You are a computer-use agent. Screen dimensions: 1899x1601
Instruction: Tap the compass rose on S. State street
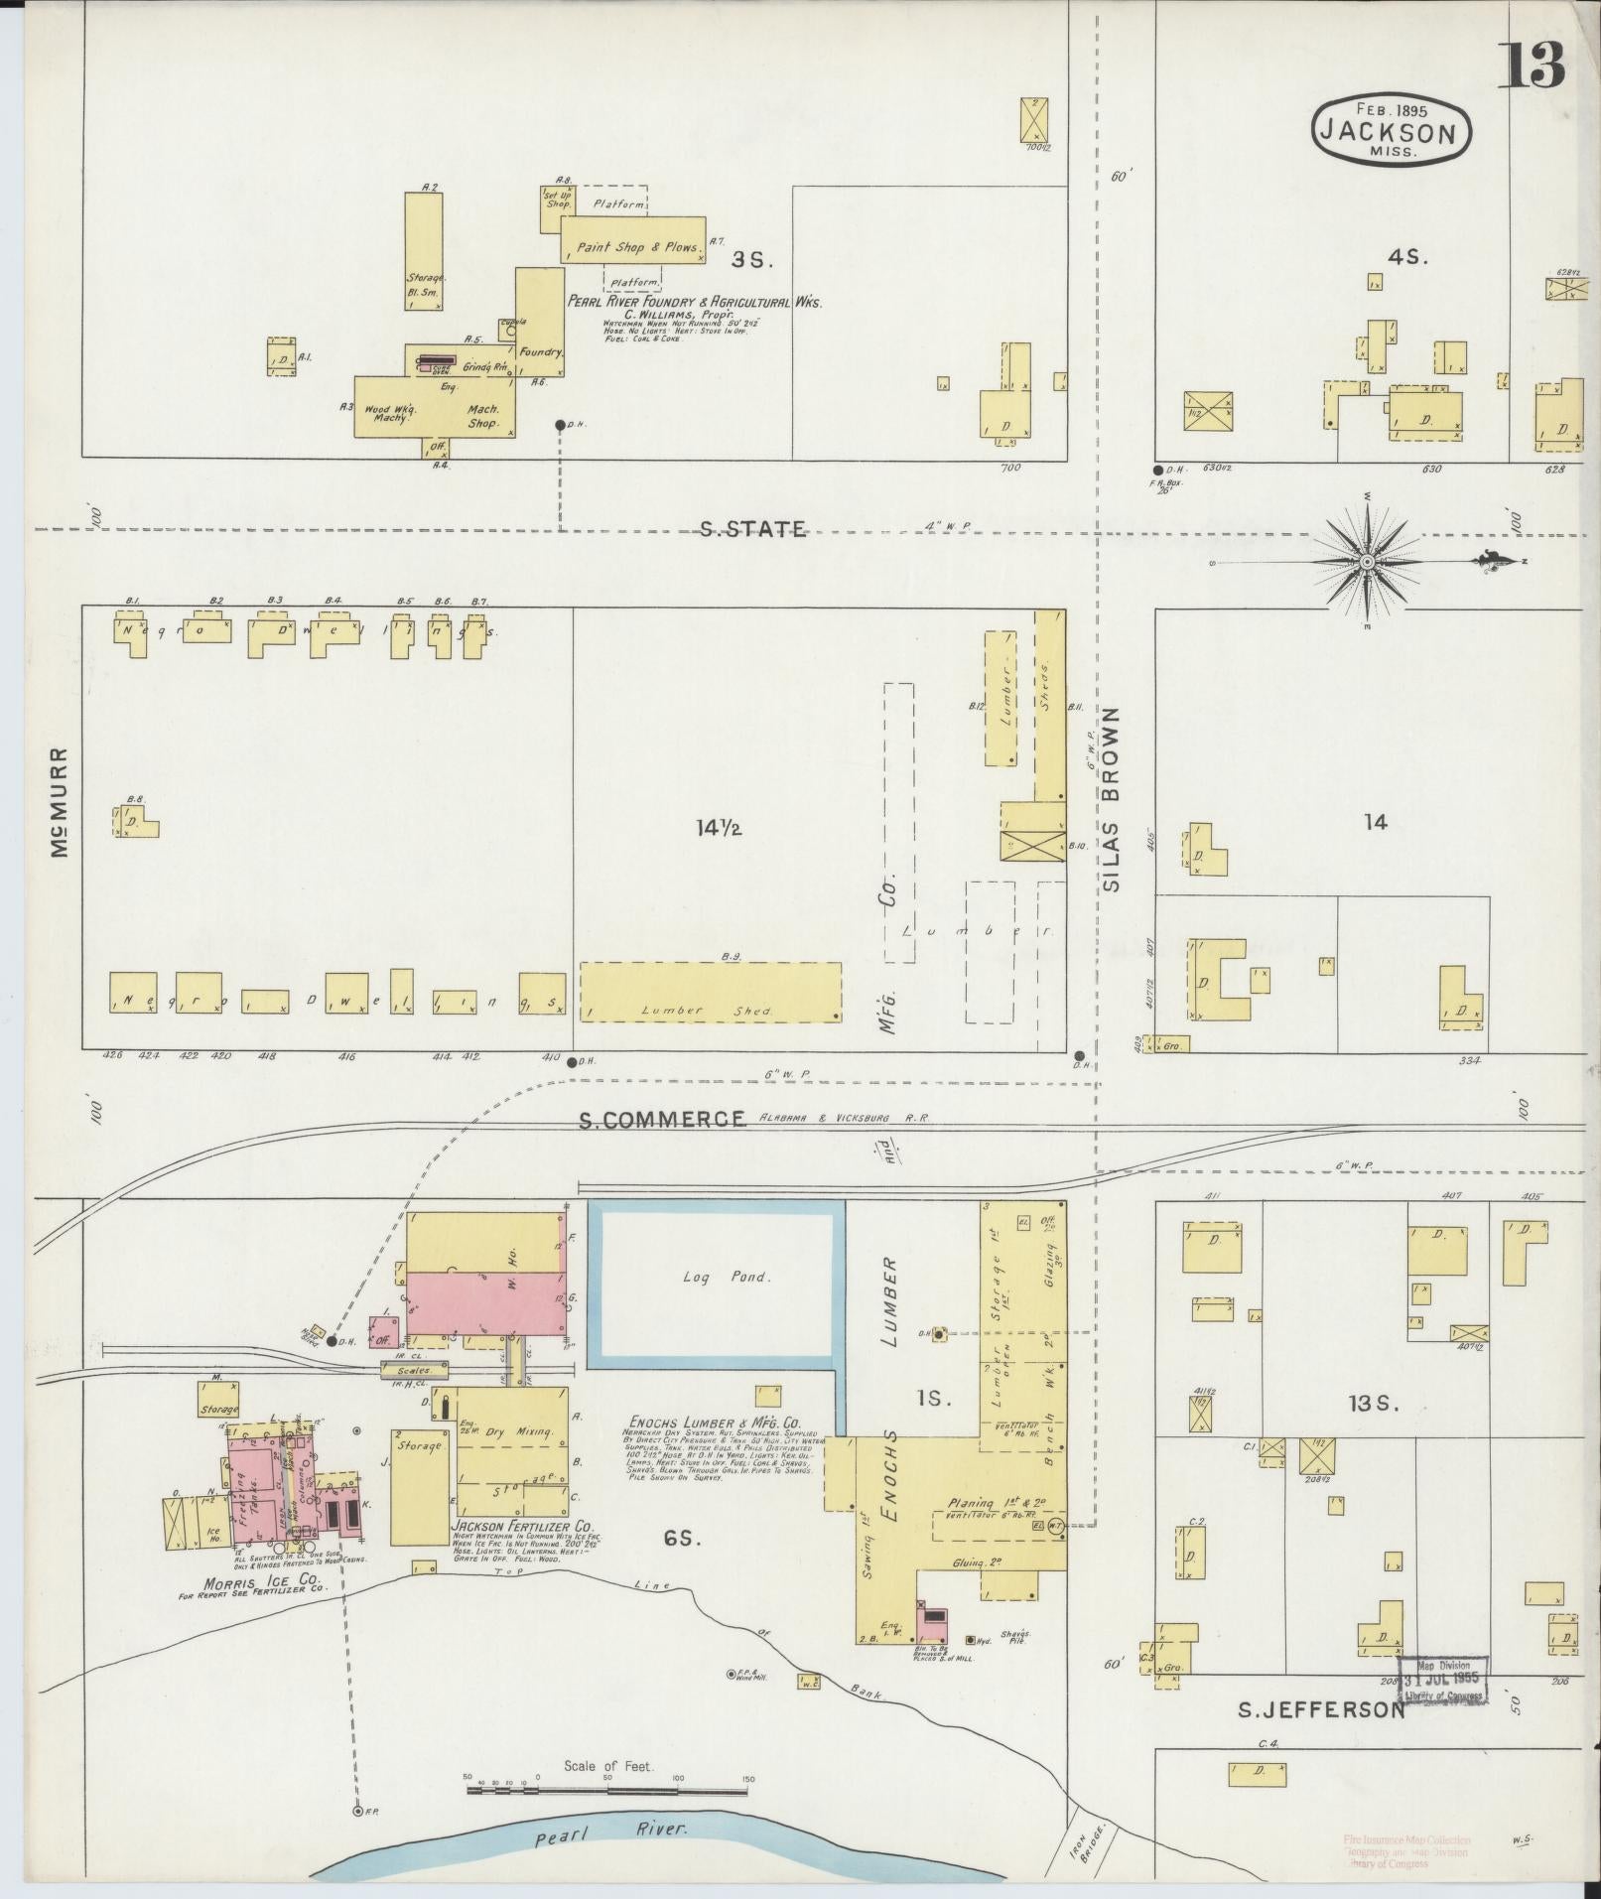coord(1367,562)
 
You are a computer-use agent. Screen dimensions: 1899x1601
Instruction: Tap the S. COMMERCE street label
coord(662,1119)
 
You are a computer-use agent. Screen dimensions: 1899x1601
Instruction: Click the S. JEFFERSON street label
coord(1320,1709)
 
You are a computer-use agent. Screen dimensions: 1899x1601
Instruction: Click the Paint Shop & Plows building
coord(633,246)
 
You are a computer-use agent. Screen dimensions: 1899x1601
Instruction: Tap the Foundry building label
coord(542,352)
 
